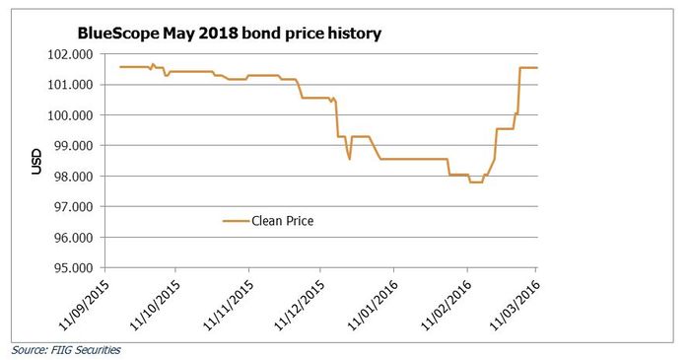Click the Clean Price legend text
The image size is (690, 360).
click(283, 222)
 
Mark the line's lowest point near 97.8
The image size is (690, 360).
click(475, 182)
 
